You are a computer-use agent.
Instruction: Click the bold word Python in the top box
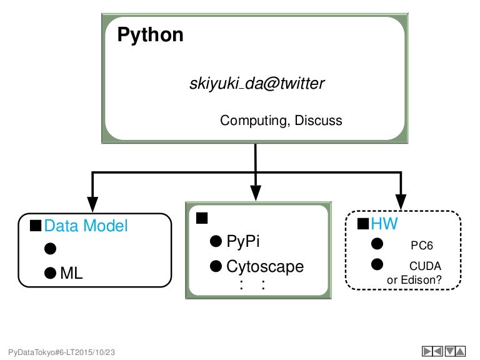tap(151, 35)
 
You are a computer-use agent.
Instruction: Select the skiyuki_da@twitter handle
tap(257, 84)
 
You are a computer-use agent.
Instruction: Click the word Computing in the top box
tap(252, 121)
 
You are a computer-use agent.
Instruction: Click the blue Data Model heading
tap(86, 226)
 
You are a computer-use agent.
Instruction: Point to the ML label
tap(71, 273)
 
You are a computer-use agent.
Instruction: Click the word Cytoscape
tap(265, 267)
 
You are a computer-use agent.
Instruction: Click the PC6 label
tap(422, 245)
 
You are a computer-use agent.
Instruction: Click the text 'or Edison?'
tap(414, 281)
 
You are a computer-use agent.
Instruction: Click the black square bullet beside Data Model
tap(36, 225)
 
